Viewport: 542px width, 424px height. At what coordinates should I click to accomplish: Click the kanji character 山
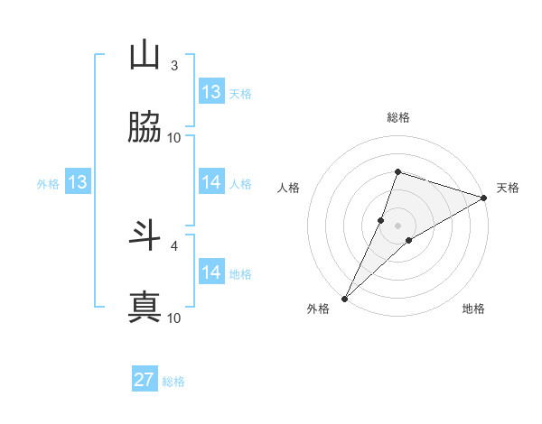pos(145,56)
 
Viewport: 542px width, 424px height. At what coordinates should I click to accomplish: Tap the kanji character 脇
pos(145,128)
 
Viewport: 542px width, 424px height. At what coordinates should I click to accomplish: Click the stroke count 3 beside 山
pos(174,66)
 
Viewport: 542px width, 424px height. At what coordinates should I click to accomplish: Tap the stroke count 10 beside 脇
pos(174,138)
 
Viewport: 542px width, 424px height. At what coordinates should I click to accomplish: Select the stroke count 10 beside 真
pos(174,318)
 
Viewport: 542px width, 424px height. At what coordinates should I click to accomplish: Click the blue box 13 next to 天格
pos(211,92)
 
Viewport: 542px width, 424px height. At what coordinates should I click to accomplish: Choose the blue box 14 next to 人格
pos(211,182)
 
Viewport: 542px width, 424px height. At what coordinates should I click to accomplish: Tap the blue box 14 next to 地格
pos(211,272)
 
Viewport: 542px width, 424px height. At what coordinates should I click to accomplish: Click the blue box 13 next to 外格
pos(78,182)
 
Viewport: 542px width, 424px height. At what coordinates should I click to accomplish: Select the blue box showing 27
pos(145,380)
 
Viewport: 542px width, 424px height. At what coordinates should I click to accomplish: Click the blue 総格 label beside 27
pos(173,382)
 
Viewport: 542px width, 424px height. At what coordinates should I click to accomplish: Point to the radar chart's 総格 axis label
pos(398,117)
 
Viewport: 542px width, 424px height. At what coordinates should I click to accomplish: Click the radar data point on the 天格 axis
pos(483,198)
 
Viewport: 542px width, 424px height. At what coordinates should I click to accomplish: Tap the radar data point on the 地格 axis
pos(409,240)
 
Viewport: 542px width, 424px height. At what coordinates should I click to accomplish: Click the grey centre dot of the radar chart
pos(398,225)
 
